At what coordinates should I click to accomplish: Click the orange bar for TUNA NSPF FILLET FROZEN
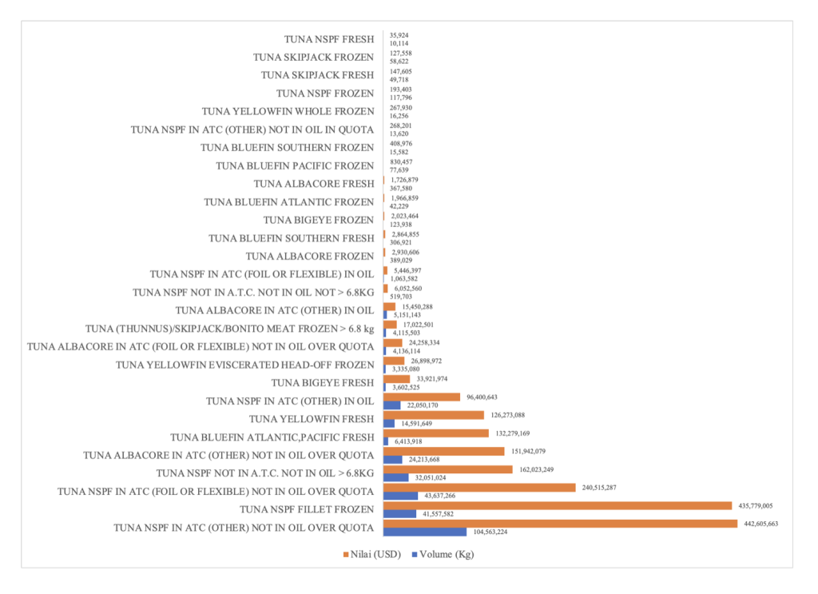click(x=558, y=505)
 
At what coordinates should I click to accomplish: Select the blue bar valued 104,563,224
click(x=424, y=532)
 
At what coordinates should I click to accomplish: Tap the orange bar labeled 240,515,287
click(x=479, y=487)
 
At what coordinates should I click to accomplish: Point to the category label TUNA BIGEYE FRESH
click(x=322, y=383)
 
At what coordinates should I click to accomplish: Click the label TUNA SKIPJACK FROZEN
click(x=313, y=57)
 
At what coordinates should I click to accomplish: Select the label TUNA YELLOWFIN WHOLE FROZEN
click(x=288, y=111)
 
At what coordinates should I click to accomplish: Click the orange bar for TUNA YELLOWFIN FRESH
click(x=434, y=415)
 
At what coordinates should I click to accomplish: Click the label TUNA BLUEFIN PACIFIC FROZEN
click(x=295, y=165)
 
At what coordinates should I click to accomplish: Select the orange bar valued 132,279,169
click(x=436, y=433)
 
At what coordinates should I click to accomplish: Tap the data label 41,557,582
click(x=442, y=514)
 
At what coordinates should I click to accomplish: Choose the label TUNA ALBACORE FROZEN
click(x=309, y=256)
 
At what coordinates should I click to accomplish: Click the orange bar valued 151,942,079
click(x=444, y=451)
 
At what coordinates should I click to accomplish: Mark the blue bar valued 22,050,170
click(x=392, y=405)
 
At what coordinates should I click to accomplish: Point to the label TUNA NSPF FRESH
click(x=329, y=38)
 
